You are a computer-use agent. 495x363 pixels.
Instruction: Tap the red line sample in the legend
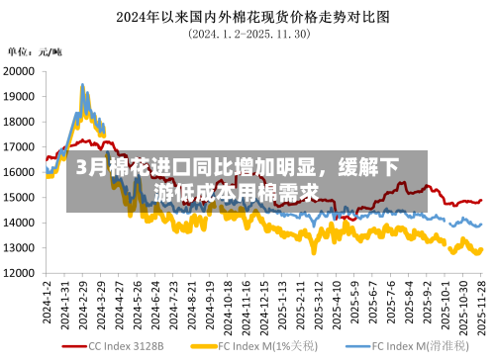[73, 347]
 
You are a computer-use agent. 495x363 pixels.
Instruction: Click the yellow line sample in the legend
[205, 347]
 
